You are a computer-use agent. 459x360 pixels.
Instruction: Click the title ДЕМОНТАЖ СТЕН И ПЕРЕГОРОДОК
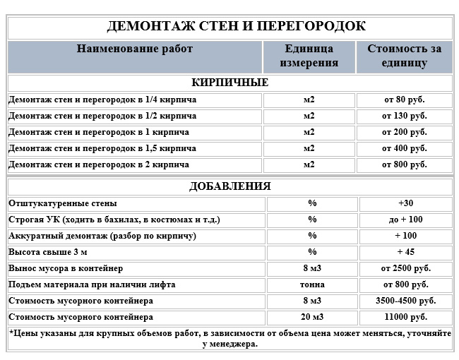(236, 27)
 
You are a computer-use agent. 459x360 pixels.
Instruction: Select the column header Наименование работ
(134, 49)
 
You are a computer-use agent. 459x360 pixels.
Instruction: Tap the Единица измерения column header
(309, 56)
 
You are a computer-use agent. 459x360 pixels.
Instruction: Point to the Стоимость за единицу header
(404, 56)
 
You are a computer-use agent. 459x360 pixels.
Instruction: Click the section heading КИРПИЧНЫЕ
(229, 83)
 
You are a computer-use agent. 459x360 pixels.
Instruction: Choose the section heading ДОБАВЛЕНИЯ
(229, 186)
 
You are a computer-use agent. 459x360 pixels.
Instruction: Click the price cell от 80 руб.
(404, 100)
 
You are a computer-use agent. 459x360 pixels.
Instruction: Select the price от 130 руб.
(404, 116)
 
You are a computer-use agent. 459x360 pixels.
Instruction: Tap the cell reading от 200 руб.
(404, 132)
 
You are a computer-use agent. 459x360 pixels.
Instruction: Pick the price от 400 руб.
(404, 148)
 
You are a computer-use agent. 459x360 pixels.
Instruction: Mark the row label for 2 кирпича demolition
(99, 164)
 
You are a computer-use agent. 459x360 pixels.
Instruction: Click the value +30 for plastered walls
(405, 203)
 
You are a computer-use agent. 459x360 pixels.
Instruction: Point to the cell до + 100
(405, 220)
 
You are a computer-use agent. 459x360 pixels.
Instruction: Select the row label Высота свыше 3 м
(49, 252)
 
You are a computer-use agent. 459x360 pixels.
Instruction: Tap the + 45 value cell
(405, 252)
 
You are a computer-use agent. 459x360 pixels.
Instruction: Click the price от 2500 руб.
(405, 268)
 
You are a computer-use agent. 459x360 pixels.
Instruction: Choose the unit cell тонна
(312, 284)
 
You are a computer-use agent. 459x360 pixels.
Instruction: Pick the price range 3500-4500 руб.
(405, 301)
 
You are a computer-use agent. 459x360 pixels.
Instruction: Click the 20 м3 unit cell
(312, 317)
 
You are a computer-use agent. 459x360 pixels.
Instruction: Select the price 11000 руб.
(405, 317)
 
